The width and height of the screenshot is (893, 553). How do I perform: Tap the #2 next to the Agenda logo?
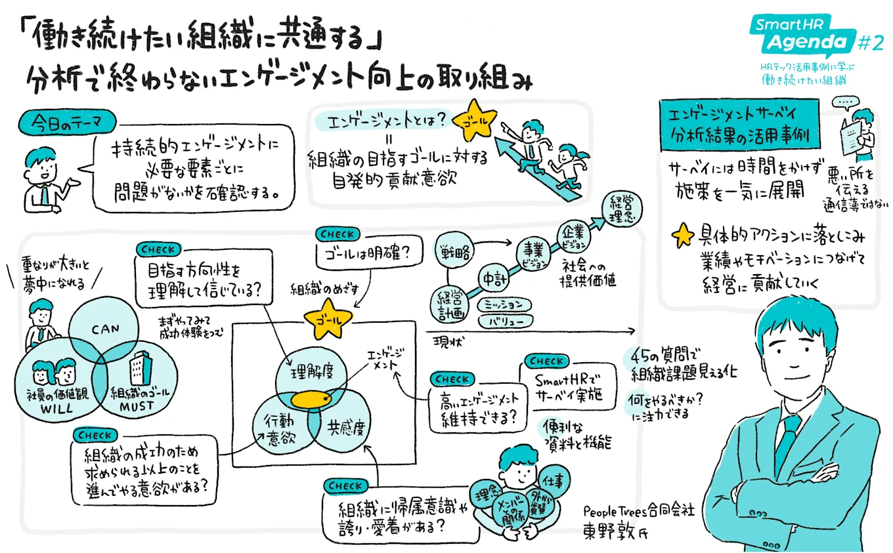click(x=871, y=43)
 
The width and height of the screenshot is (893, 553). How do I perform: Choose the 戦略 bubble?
click(x=455, y=251)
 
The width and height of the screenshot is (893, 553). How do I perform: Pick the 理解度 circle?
click(x=309, y=373)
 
